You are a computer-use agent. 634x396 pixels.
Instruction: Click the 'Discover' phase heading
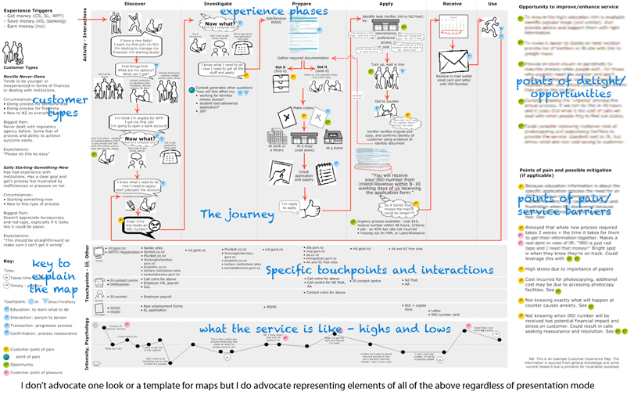[134, 4]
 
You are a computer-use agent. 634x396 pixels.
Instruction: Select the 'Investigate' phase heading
[217, 4]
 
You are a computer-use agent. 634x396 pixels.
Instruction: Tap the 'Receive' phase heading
[452, 4]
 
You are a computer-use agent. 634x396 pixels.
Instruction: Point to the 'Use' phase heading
[492, 4]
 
